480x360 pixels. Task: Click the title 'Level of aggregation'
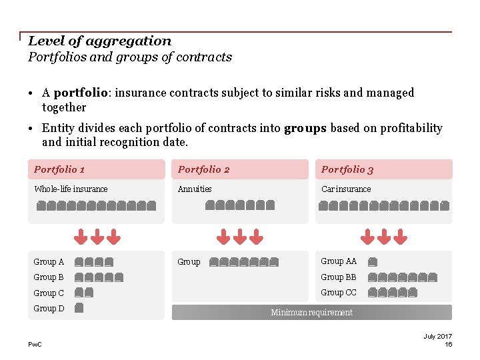(x=99, y=41)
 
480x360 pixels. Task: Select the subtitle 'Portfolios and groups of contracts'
(x=130, y=57)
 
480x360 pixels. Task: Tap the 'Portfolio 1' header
(x=59, y=169)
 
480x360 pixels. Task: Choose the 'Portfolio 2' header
(x=203, y=169)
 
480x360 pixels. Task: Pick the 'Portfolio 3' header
(x=347, y=169)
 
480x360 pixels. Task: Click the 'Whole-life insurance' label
(x=71, y=189)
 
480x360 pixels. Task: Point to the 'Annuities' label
(x=195, y=189)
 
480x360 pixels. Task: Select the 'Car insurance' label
(x=346, y=189)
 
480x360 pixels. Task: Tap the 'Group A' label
(x=49, y=262)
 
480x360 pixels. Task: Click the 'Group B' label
(x=49, y=277)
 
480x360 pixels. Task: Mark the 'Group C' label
(x=49, y=293)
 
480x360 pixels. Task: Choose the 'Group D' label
(x=49, y=309)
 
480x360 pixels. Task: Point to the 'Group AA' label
(x=339, y=261)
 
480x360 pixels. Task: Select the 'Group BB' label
(x=339, y=277)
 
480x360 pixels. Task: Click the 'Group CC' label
(x=339, y=293)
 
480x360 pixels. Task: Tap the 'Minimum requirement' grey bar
(x=311, y=313)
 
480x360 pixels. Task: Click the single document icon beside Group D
(x=79, y=308)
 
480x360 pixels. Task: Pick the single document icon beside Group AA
(x=372, y=262)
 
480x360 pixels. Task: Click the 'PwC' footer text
(x=34, y=344)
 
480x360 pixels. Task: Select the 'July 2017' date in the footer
(x=437, y=337)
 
